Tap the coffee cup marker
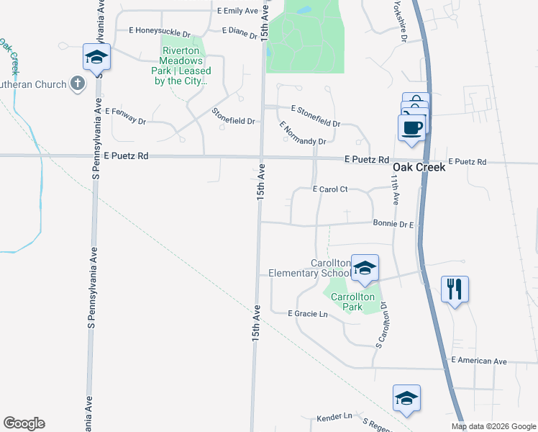point(411,127)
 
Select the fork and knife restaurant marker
point(455,289)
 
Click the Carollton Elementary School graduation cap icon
point(365,268)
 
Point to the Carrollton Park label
point(352,302)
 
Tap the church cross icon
point(78,84)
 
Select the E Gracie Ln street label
point(307,314)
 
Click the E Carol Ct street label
point(330,189)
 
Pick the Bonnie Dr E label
point(393,225)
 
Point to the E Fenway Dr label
point(125,116)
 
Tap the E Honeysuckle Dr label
point(159,32)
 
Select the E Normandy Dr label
point(302,132)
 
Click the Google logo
point(24,423)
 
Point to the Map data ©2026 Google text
point(493,426)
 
